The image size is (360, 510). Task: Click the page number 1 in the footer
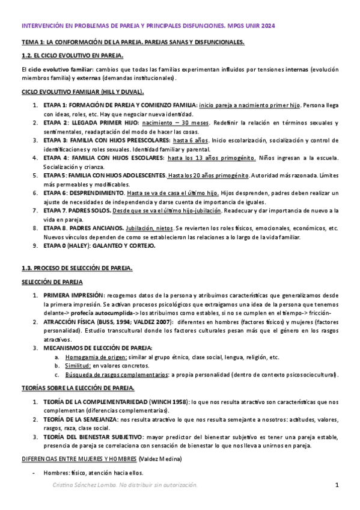point(338,485)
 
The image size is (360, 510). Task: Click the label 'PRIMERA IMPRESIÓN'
point(73,296)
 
